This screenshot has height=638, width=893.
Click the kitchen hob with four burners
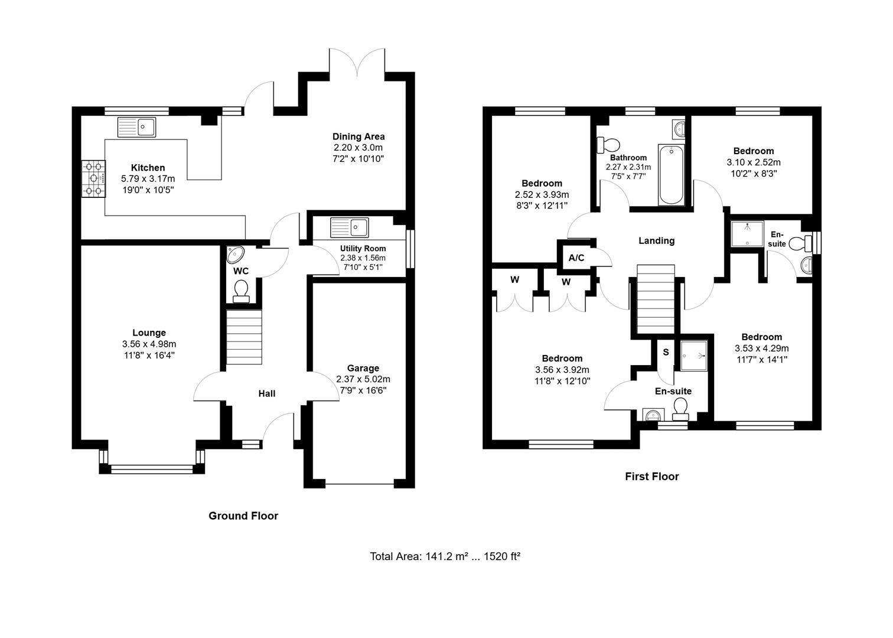click(94, 178)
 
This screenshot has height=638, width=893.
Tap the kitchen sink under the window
click(137, 127)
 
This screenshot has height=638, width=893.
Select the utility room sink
click(350, 227)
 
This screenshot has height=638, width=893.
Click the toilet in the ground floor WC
click(241, 291)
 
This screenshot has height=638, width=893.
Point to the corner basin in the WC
click(235, 255)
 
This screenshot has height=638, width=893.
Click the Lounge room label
click(149, 333)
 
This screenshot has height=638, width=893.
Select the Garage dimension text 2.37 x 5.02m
click(363, 379)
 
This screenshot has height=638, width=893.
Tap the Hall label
click(267, 393)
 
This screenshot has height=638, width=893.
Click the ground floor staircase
click(244, 337)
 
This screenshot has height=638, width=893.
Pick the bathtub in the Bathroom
click(672, 175)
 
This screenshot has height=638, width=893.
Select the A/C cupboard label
click(576, 258)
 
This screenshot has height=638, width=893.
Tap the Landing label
click(657, 240)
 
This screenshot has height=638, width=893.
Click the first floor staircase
click(656, 299)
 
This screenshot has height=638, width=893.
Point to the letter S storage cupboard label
click(666, 352)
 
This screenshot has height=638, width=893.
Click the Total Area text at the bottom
click(445, 556)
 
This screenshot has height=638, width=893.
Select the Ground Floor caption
click(243, 516)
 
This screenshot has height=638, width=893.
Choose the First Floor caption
click(652, 477)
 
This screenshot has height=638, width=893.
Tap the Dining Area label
click(358, 137)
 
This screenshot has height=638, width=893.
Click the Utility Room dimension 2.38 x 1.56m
click(363, 258)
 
